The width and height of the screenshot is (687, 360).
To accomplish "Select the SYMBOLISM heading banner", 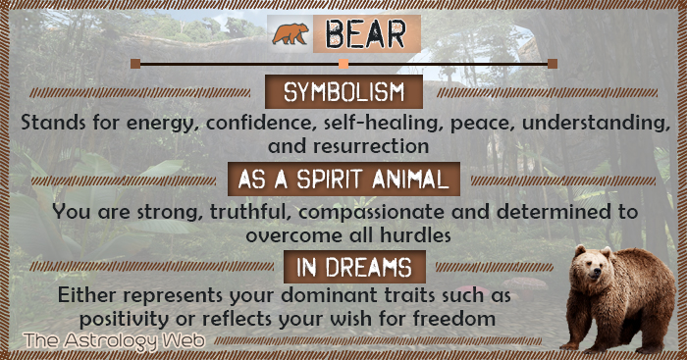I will pyautogui.click(x=344, y=93).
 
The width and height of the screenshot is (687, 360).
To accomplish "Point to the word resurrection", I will pyautogui.click(x=371, y=145).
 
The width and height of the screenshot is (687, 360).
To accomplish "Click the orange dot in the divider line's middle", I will pyautogui.click(x=343, y=63).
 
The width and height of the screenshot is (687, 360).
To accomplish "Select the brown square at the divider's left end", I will pyautogui.click(x=135, y=63).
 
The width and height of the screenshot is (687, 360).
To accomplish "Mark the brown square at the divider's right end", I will pyautogui.click(x=553, y=63).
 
